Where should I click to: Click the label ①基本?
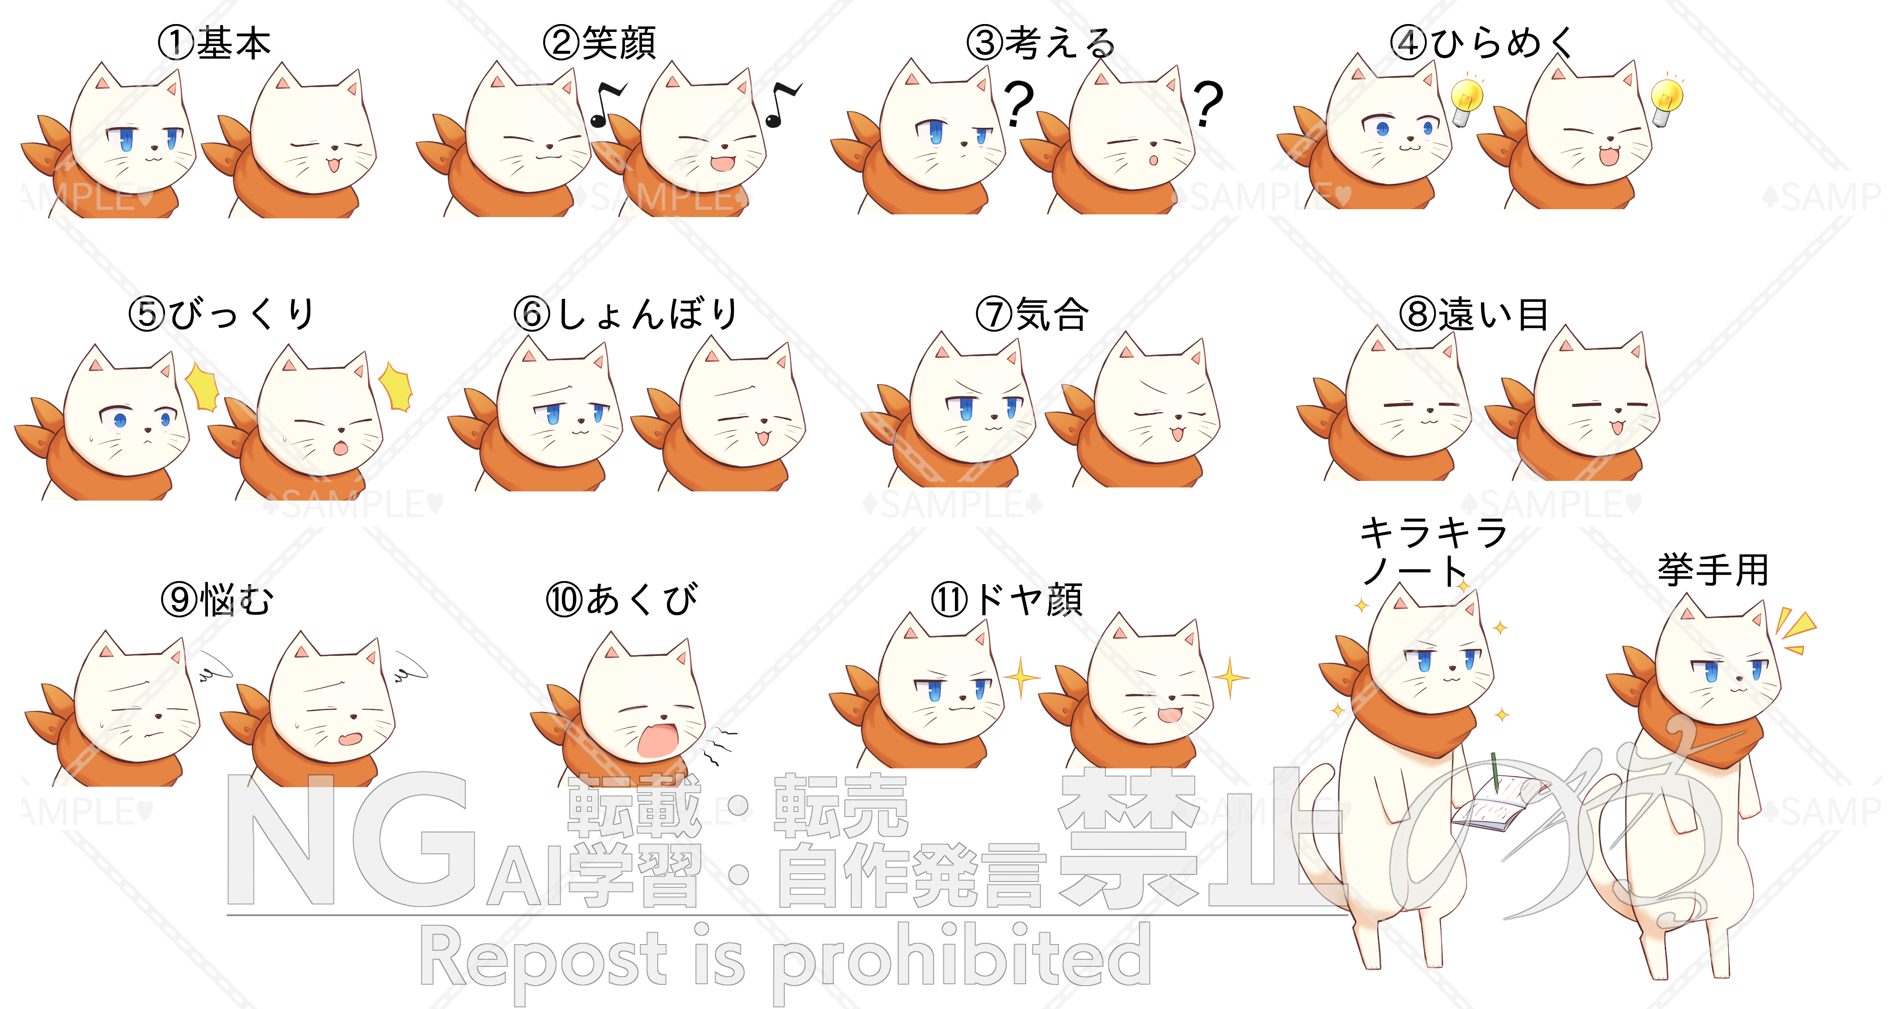tap(214, 42)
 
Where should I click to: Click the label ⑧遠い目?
tap(1474, 314)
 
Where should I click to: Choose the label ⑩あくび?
tap(622, 599)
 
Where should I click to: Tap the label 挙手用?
tap(1712, 570)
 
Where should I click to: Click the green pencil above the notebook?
tap(1495, 771)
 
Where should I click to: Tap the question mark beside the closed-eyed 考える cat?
tap(1207, 103)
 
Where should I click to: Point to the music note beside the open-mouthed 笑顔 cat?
tap(782, 103)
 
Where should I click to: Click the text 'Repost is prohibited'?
tap(786, 958)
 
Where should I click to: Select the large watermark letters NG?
tap(349, 840)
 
